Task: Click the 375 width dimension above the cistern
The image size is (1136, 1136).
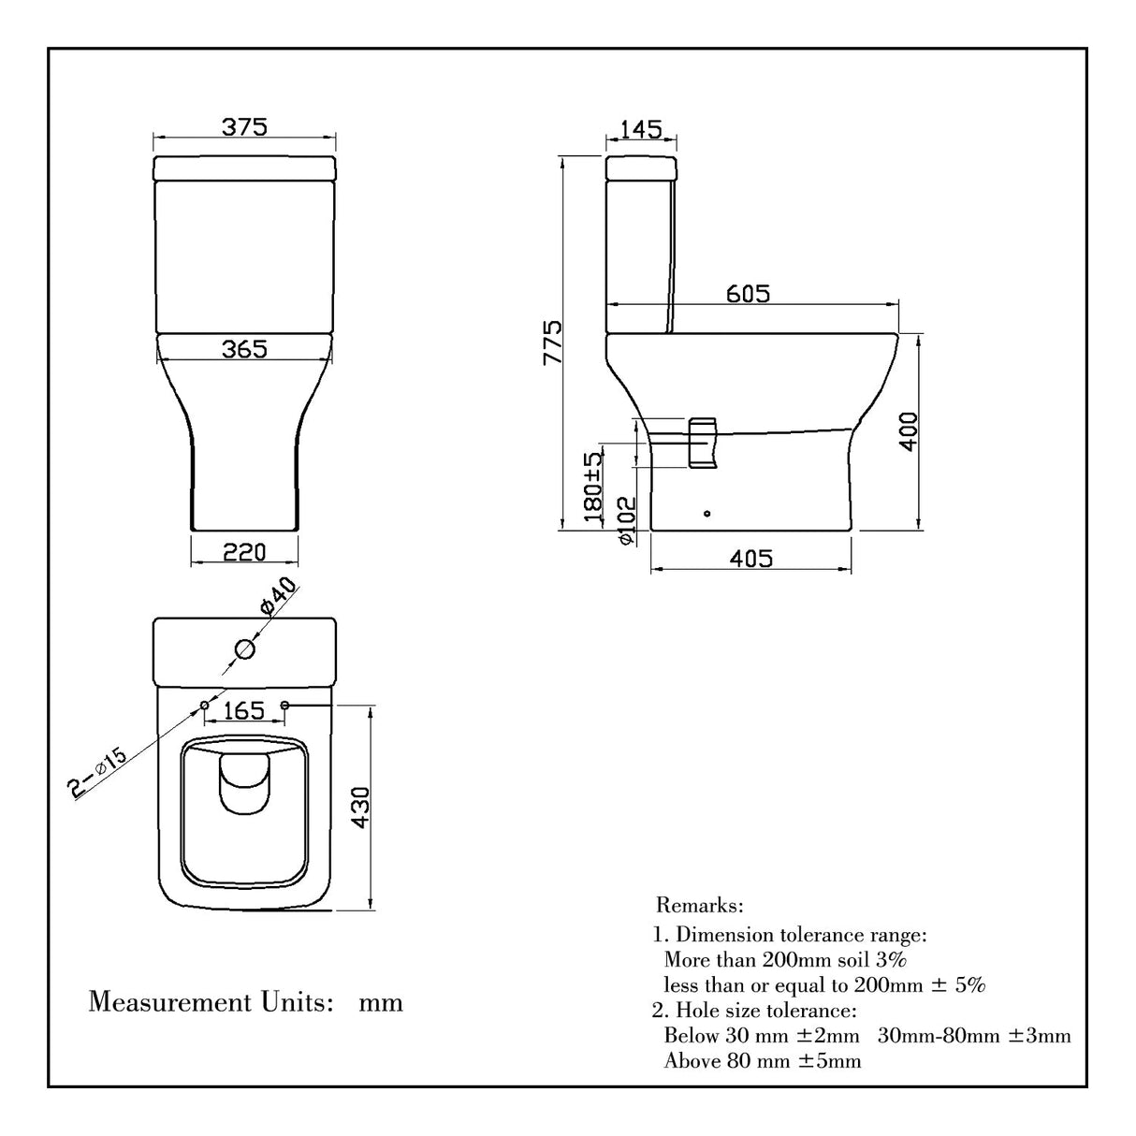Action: click(x=244, y=126)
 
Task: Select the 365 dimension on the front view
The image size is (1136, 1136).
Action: click(x=244, y=348)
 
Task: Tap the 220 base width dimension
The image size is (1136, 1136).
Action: click(x=244, y=552)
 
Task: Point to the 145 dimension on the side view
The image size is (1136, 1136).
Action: click(x=641, y=128)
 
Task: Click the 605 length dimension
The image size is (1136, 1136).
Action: click(x=749, y=293)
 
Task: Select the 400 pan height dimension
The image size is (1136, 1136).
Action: click(x=909, y=430)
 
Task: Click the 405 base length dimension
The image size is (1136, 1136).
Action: click(x=750, y=559)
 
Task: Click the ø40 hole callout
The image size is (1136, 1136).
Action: click(x=279, y=596)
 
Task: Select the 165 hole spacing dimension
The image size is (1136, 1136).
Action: click(x=244, y=711)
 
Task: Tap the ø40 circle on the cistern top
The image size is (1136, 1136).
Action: click(x=244, y=648)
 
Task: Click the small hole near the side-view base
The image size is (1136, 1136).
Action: click(x=707, y=513)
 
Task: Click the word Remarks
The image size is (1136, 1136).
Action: click(x=700, y=906)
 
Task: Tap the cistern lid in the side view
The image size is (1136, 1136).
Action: click(x=641, y=168)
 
